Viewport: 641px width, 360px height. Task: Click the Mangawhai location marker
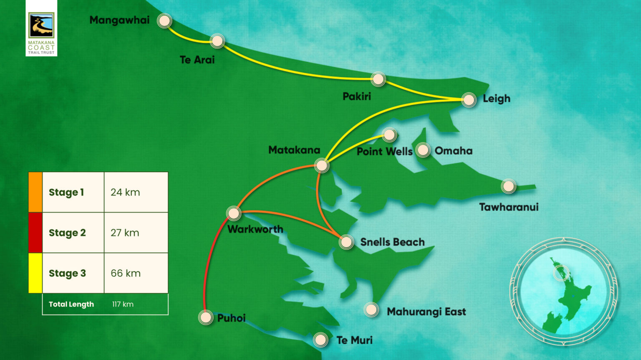coord(164,20)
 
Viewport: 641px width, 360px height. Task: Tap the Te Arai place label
coord(197,60)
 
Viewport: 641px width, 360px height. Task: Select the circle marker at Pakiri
coord(378,79)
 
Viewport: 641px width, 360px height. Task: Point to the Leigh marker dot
coord(469,99)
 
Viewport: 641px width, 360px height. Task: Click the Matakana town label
coord(294,150)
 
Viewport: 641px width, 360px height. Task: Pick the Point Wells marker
coord(389,134)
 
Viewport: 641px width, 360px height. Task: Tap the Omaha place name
coord(454,151)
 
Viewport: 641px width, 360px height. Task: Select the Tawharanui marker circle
coord(508,186)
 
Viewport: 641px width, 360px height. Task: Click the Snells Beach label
coord(392,242)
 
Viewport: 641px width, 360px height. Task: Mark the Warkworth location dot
coord(234,213)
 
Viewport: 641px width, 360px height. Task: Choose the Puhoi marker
coord(206,317)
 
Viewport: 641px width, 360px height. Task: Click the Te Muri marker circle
coord(320,340)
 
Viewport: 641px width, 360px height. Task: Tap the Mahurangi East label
coord(426,312)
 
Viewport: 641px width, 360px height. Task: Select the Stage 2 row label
coord(67,233)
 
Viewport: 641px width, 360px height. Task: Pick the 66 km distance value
coord(126,273)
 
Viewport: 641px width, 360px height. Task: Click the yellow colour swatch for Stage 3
coord(35,273)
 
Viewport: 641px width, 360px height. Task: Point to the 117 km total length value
coord(123,304)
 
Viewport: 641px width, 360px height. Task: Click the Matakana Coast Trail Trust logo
coord(41,28)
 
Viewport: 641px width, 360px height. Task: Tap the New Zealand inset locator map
coord(564,291)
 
